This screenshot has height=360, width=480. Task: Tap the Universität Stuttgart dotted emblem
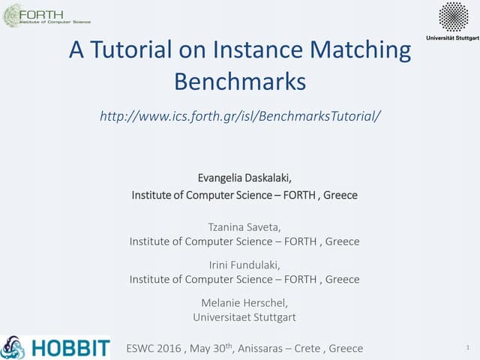pos(452,16)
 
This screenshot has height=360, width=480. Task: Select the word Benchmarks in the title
pos(240,80)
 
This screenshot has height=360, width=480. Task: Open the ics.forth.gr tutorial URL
pos(240,116)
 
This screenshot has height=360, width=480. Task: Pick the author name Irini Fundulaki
pos(244,262)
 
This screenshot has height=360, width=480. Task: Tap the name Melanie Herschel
pos(244,301)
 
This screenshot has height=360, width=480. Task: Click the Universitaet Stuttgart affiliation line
pos(244,316)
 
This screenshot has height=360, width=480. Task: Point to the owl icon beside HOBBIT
pos(13,347)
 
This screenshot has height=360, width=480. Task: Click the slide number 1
pos(467,348)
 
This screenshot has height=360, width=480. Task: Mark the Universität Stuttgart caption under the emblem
pos(451,37)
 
